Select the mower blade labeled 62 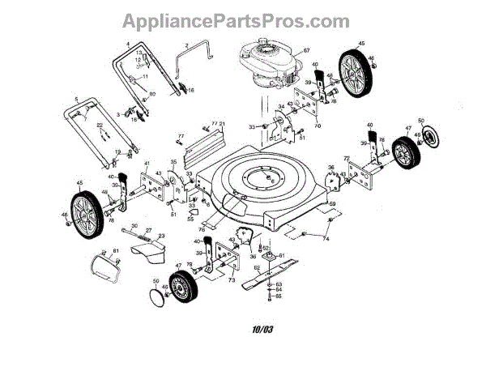275,275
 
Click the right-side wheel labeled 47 403,152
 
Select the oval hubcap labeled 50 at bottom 150,297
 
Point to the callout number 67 307,51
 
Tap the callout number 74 326,240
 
